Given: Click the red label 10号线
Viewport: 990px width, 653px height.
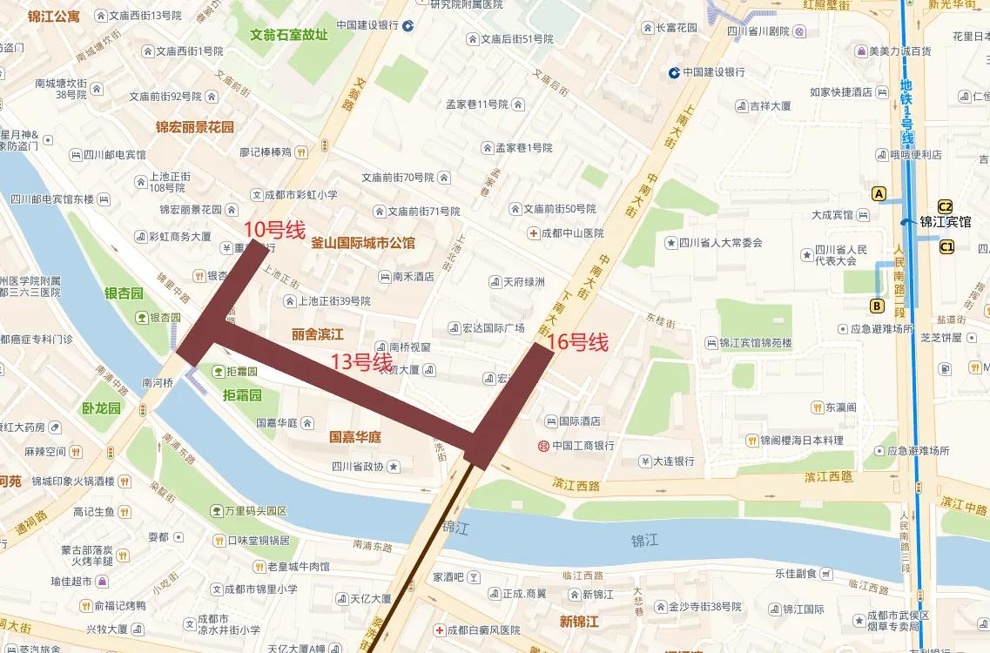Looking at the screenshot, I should (273, 230).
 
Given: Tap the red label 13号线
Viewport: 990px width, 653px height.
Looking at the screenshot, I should (361, 361).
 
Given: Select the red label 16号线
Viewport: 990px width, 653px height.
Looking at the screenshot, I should (577, 343).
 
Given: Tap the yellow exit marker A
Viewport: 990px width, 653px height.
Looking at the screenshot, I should (879, 193).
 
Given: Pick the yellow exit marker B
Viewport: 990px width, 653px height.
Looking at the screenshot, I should (877, 306).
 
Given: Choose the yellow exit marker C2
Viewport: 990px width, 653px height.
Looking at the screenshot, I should (945, 206).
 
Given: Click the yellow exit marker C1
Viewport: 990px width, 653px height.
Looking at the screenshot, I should (946, 247).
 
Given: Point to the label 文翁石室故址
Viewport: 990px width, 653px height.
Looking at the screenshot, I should (289, 36).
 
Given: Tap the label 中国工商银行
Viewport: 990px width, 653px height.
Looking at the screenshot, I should (583, 446).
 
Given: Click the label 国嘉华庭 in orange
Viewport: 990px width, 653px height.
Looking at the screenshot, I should (354, 437).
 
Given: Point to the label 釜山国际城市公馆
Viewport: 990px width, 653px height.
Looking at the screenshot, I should (363, 243).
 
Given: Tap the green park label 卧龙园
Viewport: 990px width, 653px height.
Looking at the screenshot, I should (101, 408).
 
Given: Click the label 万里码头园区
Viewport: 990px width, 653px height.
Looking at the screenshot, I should (257, 510).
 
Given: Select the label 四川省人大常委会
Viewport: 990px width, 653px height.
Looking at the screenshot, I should (720, 243).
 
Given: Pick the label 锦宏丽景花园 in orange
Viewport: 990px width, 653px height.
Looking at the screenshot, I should (195, 127).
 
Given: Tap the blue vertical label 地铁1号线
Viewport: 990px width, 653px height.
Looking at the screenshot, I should (906, 113).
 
